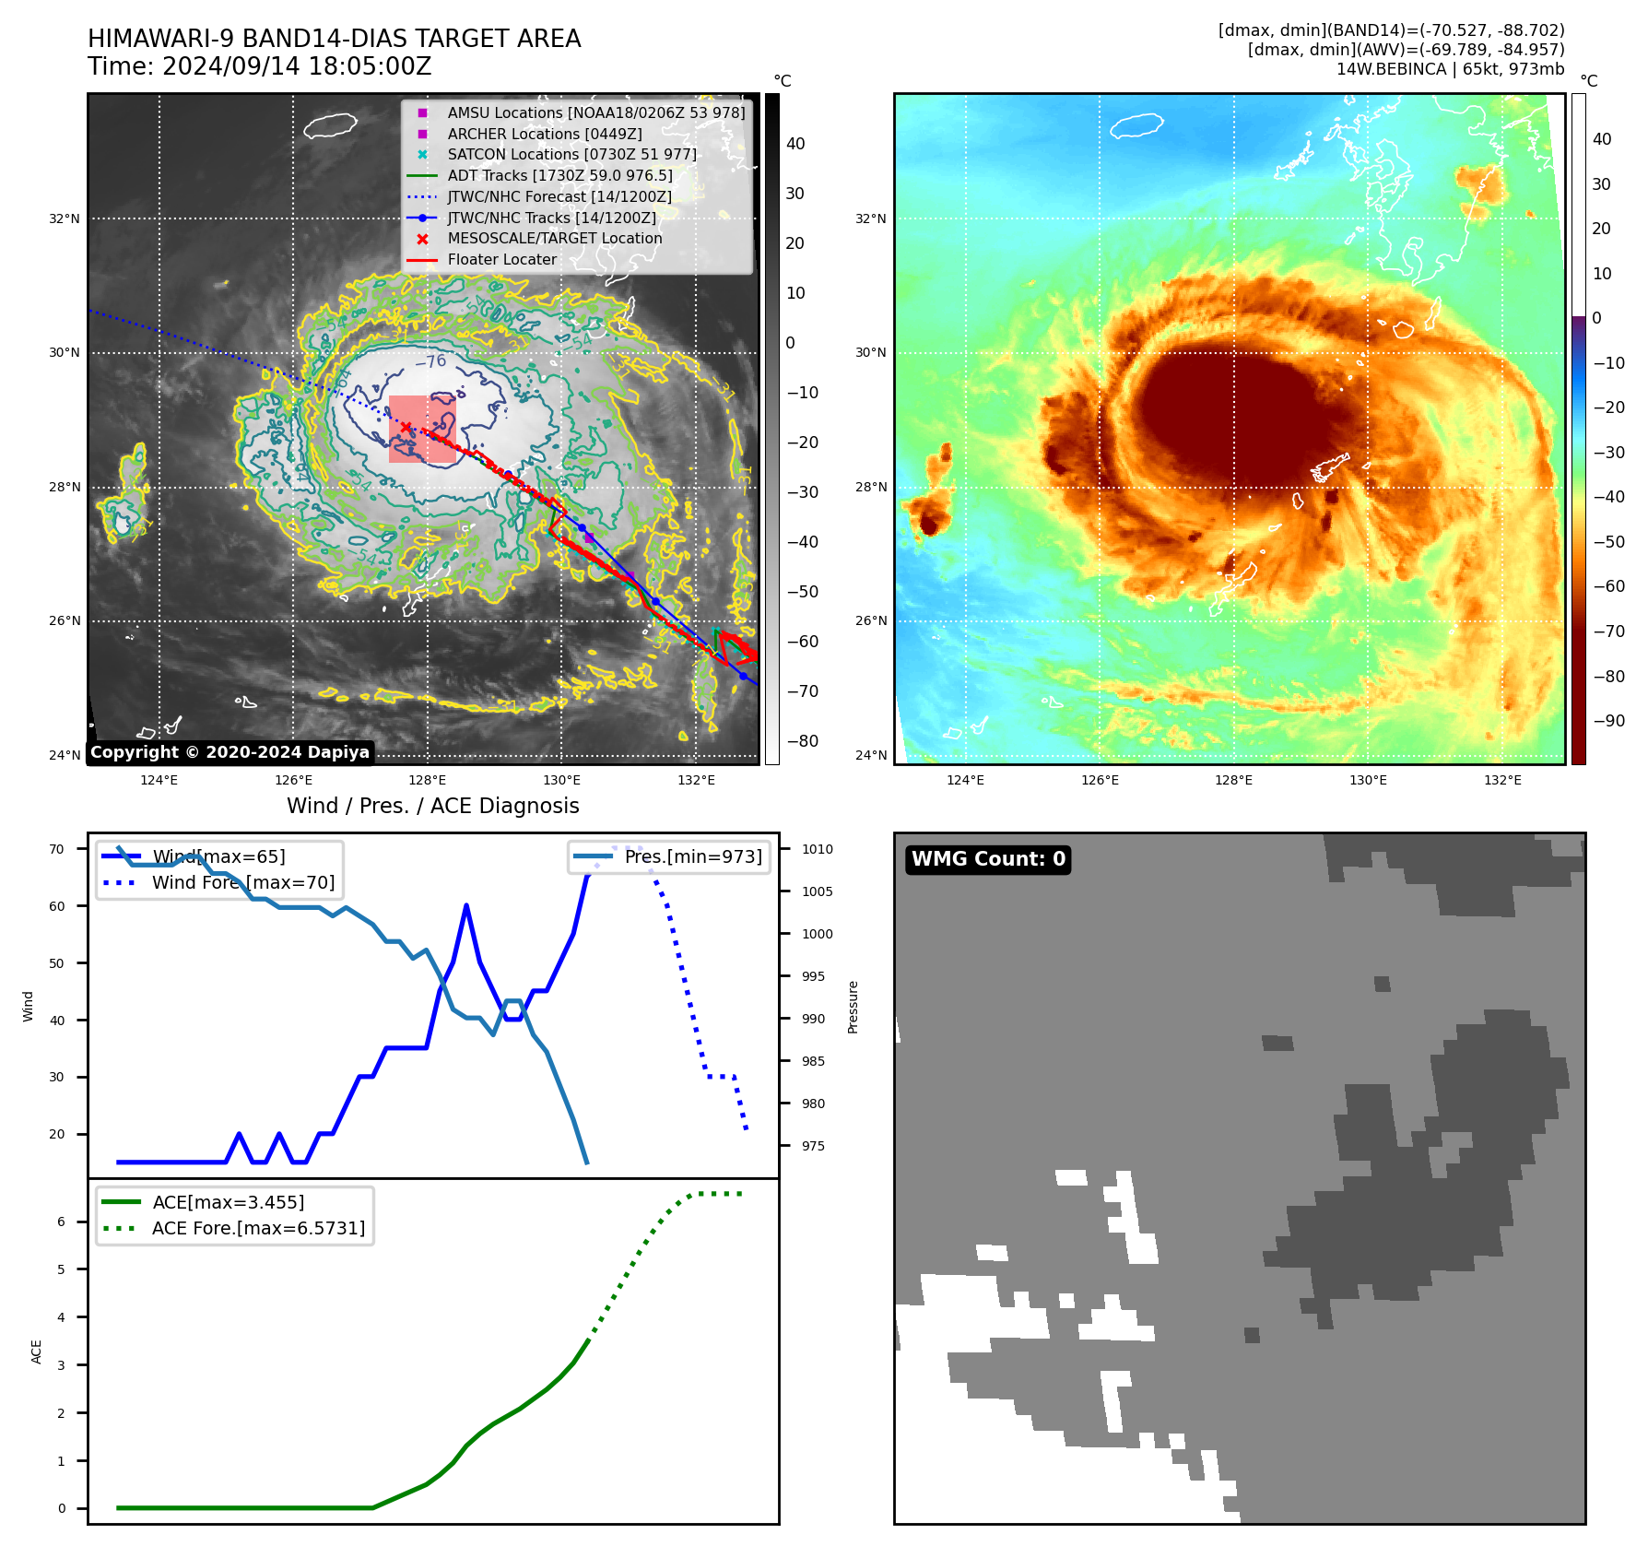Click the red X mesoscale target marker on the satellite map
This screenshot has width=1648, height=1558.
pyautogui.click(x=406, y=427)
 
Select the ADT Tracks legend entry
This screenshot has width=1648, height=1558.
pyautogui.click(x=559, y=175)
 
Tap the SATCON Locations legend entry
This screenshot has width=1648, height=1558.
pyautogui.click(x=571, y=154)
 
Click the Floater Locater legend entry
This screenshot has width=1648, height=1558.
pyautogui.click(x=501, y=259)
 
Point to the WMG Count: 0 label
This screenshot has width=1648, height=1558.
pyautogui.click(x=988, y=859)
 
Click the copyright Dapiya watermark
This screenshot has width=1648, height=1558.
pyautogui.click(x=230, y=752)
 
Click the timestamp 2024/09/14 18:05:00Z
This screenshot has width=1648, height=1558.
pyautogui.click(x=296, y=66)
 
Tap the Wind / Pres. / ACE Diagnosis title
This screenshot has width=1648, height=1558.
pyautogui.click(x=432, y=806)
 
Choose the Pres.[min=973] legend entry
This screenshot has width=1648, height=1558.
pyautogui.click(x=692, y=856)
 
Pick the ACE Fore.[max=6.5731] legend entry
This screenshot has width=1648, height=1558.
pyautogui.click(x=258, y=1228)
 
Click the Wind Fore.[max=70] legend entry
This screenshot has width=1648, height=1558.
pyautogui.click(x=243, y=882)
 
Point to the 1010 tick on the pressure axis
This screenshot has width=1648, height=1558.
pyautogui.click(x=817, y=849)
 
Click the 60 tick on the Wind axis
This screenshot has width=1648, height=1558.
pyautogui.click(x=57, y=906)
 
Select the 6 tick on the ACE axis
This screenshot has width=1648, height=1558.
pyautogui.click(x=61, y=1222)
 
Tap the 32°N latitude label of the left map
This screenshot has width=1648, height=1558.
pyautogui.click(x=65, y=218)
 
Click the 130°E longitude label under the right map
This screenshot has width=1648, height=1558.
pyautogui.click(x=1368, y=780)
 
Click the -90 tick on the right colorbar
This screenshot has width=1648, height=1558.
pyautogui.click(x=1609, y=721)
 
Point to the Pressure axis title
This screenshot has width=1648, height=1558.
pyautogui.click(x=853, y=1007)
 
